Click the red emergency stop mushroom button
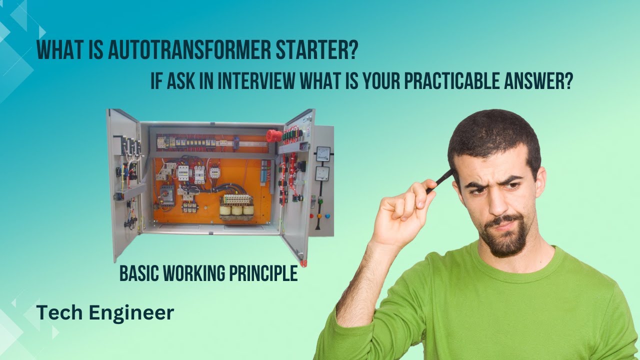tap(273, 135)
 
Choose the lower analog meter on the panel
tap(321, 174)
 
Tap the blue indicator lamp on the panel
tap(327, 216)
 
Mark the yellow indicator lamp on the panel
tap(319, 216)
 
